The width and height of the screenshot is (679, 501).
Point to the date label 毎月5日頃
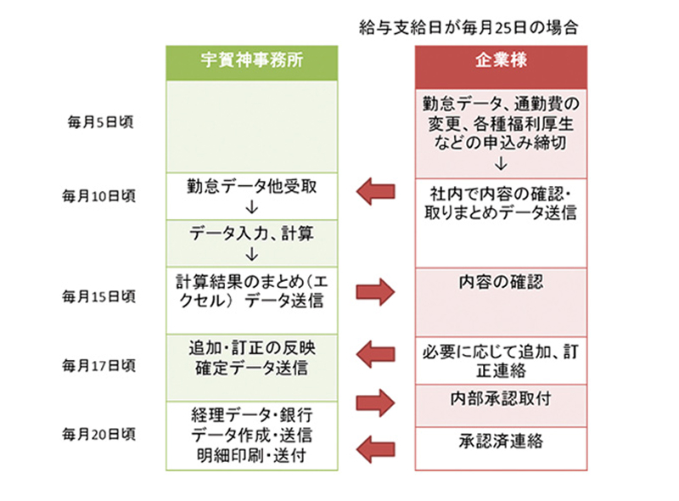point(100,121)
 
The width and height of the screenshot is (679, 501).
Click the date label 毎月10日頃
point(100,194)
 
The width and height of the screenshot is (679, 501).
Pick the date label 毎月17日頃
point(100,365)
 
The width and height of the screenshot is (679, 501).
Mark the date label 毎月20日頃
point(100,434)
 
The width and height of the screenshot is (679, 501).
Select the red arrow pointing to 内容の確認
point(376,291)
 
